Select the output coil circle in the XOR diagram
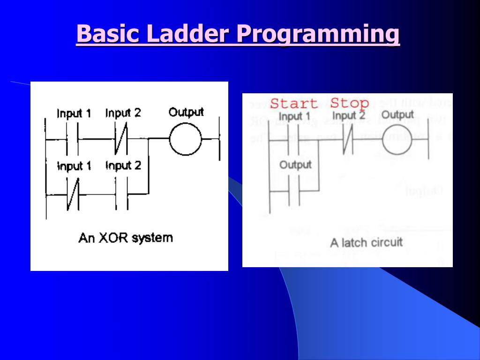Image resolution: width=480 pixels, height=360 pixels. point(185,139)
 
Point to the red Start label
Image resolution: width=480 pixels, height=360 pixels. point(294,104)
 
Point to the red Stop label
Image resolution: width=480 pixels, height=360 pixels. point(350,103)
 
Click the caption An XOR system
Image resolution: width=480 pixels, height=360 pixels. point(126,238)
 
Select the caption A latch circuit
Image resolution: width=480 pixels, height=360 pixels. point(366,242)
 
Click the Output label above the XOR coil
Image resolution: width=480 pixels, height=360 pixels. point(186,112)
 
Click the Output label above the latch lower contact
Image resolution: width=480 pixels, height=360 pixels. point(295,165)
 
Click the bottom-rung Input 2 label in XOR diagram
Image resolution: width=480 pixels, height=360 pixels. point(123,166)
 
